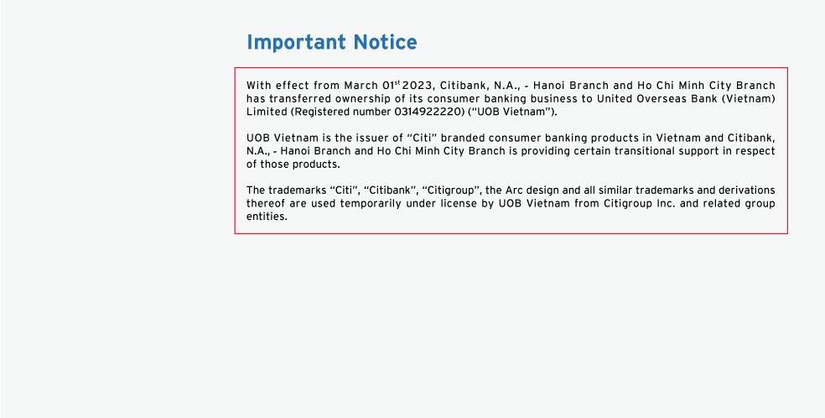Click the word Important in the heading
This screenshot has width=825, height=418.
[x=296, y=43]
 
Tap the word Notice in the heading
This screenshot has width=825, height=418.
[x=385, y=42]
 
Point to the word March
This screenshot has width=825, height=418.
[x=361, y=86]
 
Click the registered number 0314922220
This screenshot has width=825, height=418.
[x=428, y=112]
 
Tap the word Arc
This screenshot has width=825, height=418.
[x=513, y=190]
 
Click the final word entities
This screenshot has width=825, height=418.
[x=267, y=217]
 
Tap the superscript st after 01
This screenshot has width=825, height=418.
[x=397, y=82]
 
